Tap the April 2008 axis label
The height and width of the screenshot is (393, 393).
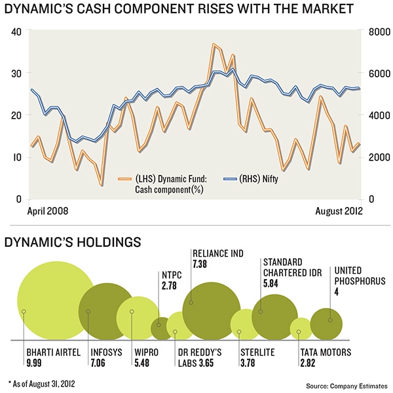(x=48, y=212)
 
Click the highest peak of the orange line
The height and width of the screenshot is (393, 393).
(x=214, y=45)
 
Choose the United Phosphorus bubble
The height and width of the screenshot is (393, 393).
(x=330, y=320)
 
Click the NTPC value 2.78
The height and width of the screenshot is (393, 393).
(x=169, y=286)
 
